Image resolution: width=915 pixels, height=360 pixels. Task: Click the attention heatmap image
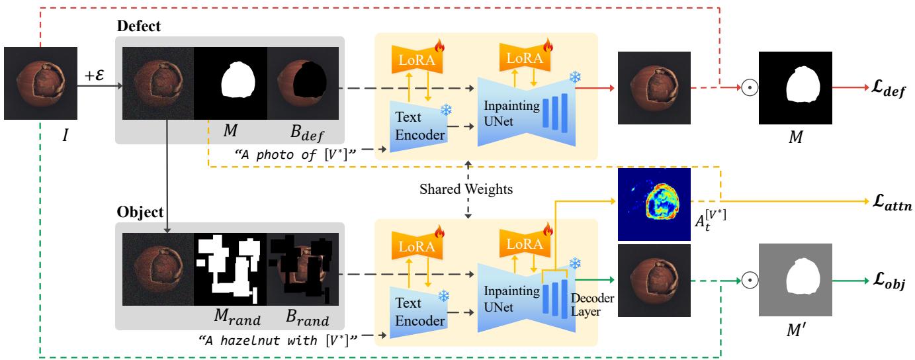654,204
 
